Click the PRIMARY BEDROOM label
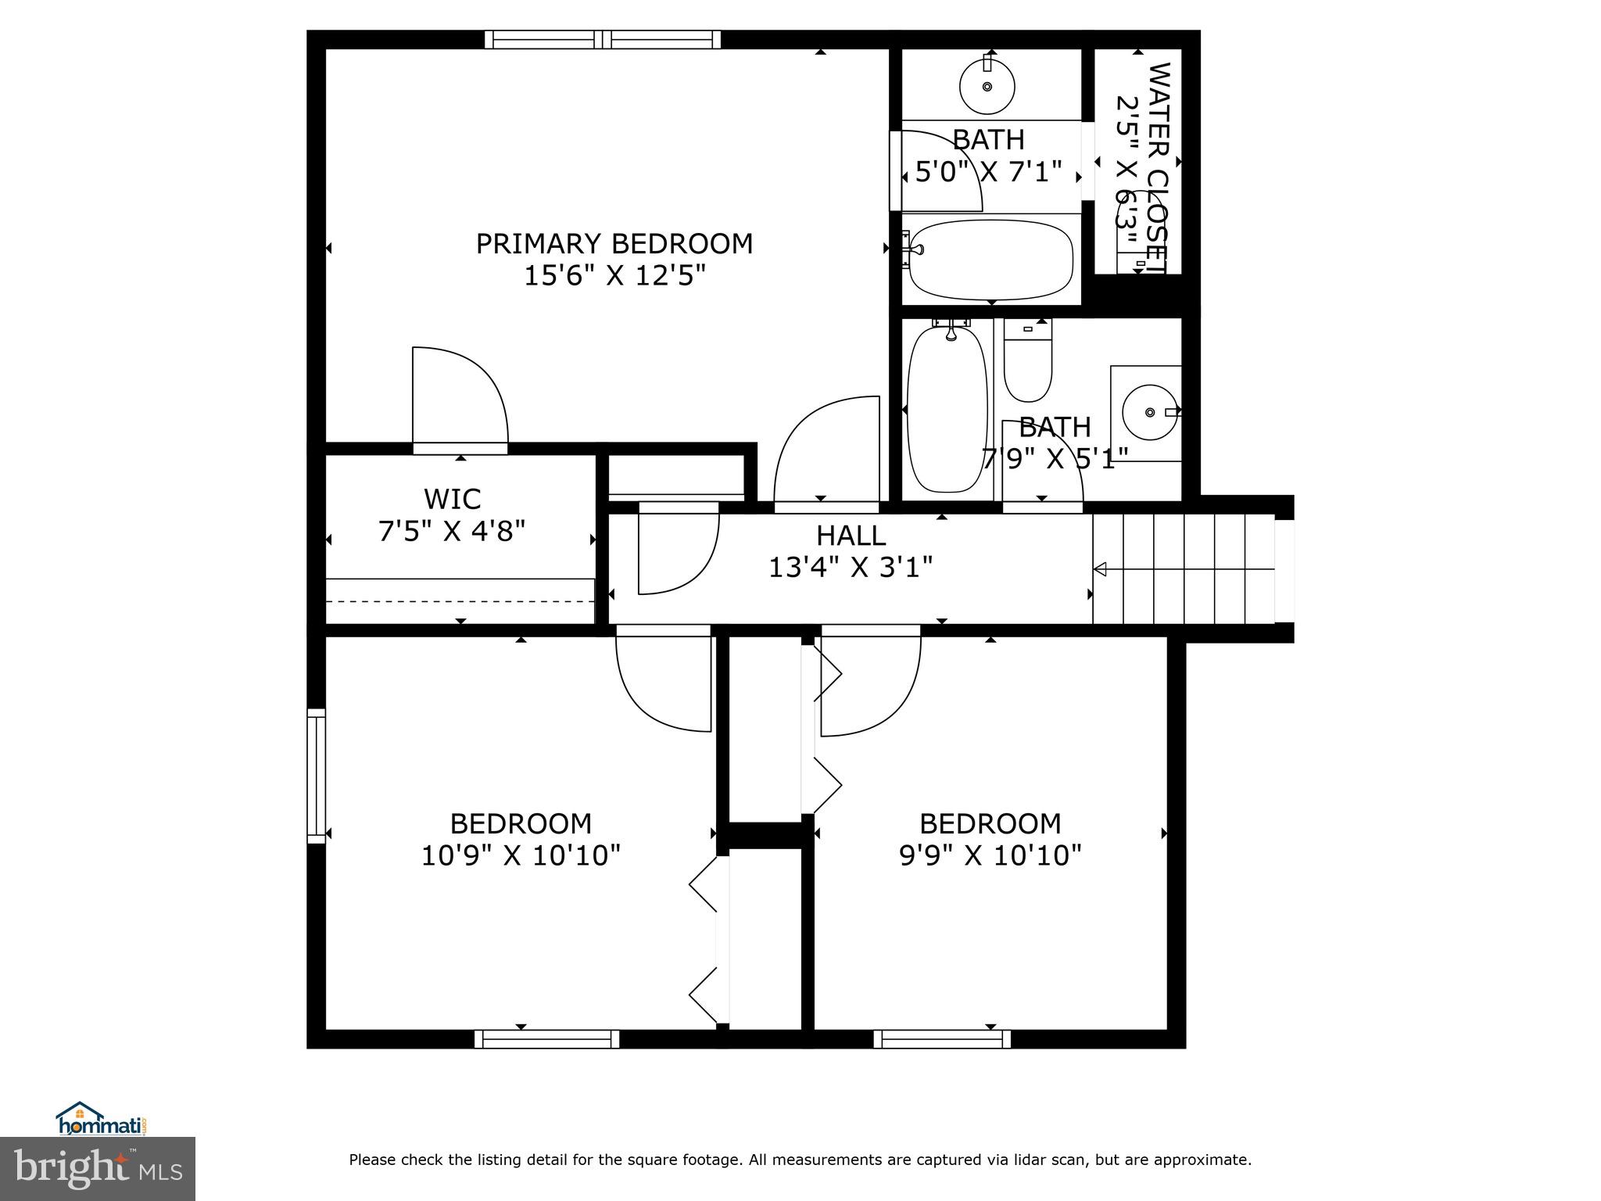[614, 244]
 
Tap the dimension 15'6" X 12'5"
[614, 276]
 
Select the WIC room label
[452, 498]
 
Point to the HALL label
[851, 536]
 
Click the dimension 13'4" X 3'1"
[851, 568]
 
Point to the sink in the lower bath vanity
[1149, 411]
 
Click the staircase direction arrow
[1100, 569]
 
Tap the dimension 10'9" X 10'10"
[521, 855]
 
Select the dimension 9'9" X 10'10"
[990, 855]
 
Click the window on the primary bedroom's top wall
[602, 39]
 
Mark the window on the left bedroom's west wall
[316, 776]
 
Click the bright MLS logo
[98, 1168]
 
